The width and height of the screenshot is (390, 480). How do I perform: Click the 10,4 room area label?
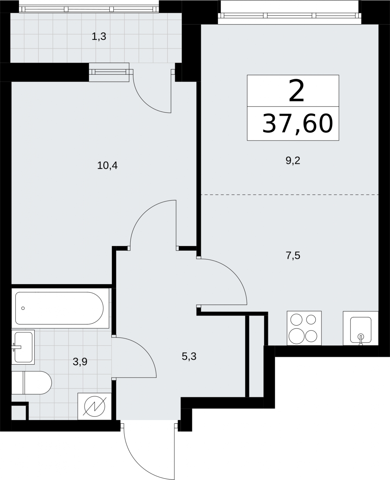click(x=107, y=166)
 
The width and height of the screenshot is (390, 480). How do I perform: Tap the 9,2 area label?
click(x=293, y=161)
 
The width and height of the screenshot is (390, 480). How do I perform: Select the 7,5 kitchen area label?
click(x=293, y=256)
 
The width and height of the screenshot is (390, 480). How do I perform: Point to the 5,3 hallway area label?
click(x=189, y=356)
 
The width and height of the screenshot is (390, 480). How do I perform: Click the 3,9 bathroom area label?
click(x=80, y=362)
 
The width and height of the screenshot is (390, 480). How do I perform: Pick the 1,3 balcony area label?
click(x=99, y=36)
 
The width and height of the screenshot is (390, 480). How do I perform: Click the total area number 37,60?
click(x=298, y=124)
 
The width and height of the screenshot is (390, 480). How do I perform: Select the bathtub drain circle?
click(x=23, y=308)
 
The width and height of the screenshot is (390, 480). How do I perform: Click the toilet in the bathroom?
click(x=32, y=382)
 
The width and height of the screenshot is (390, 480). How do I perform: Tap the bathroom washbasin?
click(x=23, y=347)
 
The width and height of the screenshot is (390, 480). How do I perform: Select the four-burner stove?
click(x=304, y=328)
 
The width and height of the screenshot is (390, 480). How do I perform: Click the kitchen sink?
click(x=361, y=328)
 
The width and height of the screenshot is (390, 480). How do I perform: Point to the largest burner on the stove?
click(x=297, y=336)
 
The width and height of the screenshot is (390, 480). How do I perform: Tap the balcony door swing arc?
click(x=144, y=100)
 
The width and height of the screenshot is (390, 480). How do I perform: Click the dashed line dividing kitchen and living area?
click(x=290, y=194)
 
